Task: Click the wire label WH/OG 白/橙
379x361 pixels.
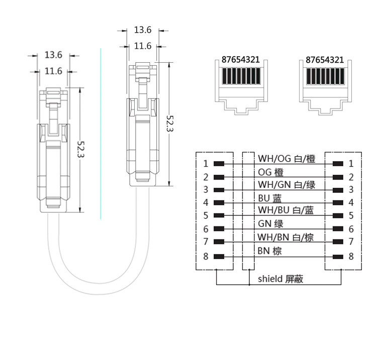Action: pyautogui.click(x=287, y=159)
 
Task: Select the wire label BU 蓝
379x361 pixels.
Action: pyautogui.click(x=270, y=198)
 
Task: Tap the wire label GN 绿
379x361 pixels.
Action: pyautogui.click(x=270, y=224)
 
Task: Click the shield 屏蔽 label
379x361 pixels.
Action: pyautogui.click(x=280, y=279)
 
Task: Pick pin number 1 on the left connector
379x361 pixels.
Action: pyautogui.click(x=206, y=164)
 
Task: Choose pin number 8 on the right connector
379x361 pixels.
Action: pyautogui.click(x=351, y=257)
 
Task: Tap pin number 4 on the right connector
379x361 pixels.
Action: pyautogui.click(x=351, y=203)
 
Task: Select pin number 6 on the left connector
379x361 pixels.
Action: pyautogui.click(x=206, y=229)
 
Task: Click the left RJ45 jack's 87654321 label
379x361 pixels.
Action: pyautogui.click(x=241, y=59)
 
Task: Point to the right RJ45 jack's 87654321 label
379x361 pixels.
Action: pyautogui.click(x=325, y=59)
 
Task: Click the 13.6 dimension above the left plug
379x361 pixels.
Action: pyautogui.click(x=53, y=55)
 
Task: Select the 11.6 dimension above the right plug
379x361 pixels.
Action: pyautogui.click(x=143, y=46)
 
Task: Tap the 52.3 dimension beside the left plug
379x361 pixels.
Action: pyautogui.click(x=81, y=149)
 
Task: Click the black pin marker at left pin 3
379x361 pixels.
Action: pyautogui.click(x=218, y=190)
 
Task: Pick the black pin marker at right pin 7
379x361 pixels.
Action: pyautogui.click(x=338, y=242)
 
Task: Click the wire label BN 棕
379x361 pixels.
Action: pyautogui.click(x=270, y=250)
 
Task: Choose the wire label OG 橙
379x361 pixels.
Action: pyautogui.click(x=270, y=172)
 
